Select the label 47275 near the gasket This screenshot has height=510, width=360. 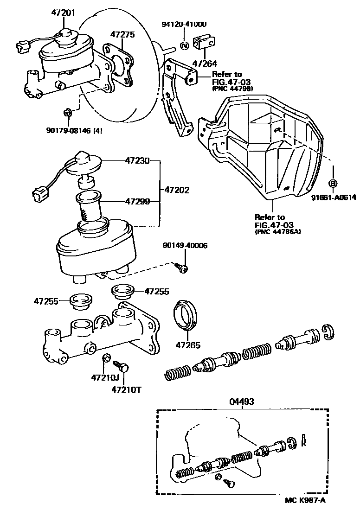tap(122, 34)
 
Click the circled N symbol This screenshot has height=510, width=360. tap(184, 45)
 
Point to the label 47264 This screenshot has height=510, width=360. tap(205, 64)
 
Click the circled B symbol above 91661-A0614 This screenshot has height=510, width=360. tap(333, 183)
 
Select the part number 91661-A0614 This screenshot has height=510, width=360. tap(334, 197)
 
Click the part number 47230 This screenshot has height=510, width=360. tap(137, 161)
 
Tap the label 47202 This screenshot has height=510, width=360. tap(176, 190)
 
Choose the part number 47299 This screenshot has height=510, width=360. tap(137, 202)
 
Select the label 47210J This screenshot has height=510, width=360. tap(105, 378)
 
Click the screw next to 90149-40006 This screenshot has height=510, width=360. tap(181, 268)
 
